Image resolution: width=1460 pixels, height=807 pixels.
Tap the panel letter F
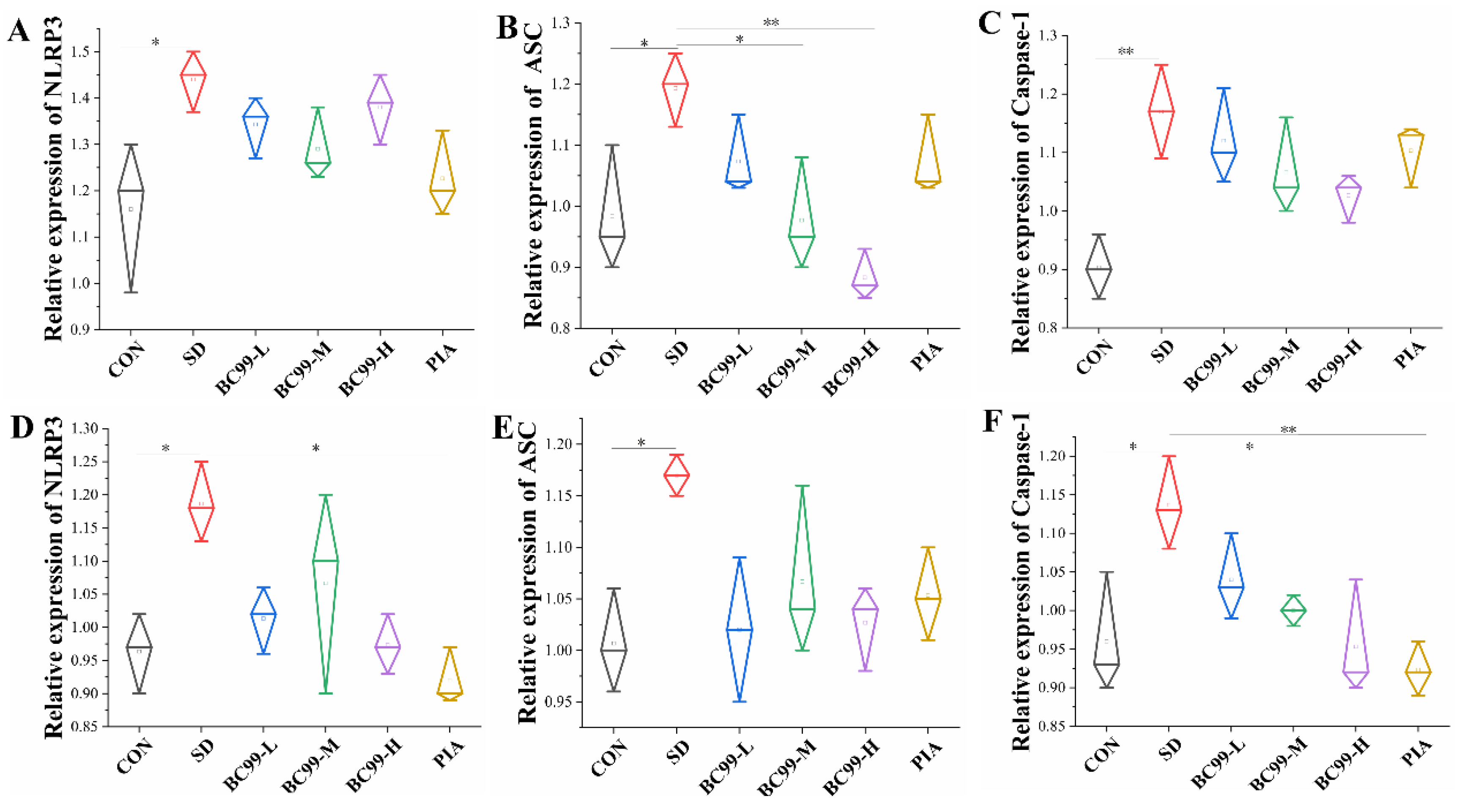[992, 421]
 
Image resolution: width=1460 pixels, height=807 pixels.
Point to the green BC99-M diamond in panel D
[325, 589]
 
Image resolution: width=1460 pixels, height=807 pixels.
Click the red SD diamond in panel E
[676, 475]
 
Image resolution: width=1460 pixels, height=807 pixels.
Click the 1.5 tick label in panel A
[83, 52]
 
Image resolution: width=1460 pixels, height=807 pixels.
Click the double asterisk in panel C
[1126, 52]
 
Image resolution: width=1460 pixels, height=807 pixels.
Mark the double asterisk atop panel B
[771, 23]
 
